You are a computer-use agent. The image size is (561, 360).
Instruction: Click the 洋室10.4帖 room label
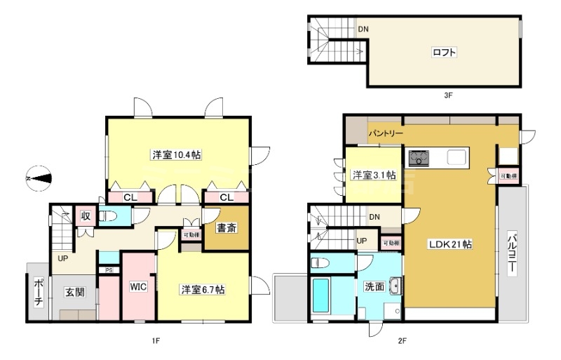tap(173, 155)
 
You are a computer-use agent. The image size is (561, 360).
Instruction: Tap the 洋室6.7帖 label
tap(203, 289)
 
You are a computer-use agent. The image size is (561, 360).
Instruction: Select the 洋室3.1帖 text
tap(373, 175)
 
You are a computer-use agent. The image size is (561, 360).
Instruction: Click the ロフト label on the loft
tap(442, 52)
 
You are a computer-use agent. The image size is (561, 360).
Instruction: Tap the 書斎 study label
tap(225, 227)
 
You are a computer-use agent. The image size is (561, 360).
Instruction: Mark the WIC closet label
tap(138, 287)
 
